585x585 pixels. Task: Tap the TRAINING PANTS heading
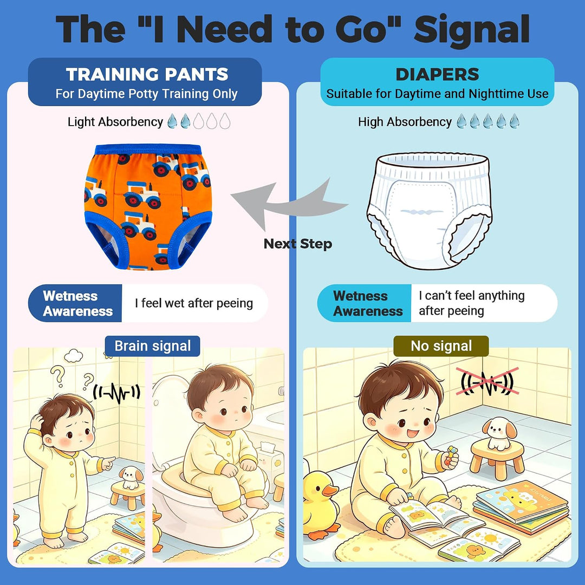[x=147, y=74]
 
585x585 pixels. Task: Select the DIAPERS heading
[x=437, y=74]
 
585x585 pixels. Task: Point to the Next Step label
[x=298, y=244]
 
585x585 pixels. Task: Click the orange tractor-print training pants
[x=148, y=206]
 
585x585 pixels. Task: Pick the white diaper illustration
[x=429, y=210]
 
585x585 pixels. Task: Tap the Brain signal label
[x=153, y=346]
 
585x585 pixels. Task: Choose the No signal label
[x=441, y=346]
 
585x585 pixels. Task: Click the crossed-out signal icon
[x=487, y=381]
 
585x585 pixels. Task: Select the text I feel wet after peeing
[x=194, y=303]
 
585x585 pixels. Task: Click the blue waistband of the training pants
[x=148, y=149]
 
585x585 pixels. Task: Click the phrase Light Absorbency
[x=115, y=122]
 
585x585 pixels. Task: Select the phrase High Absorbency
[x=405, y=122]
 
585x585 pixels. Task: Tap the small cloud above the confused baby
[x=74, y=355]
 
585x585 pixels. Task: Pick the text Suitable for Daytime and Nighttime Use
[x=437, y=94]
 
